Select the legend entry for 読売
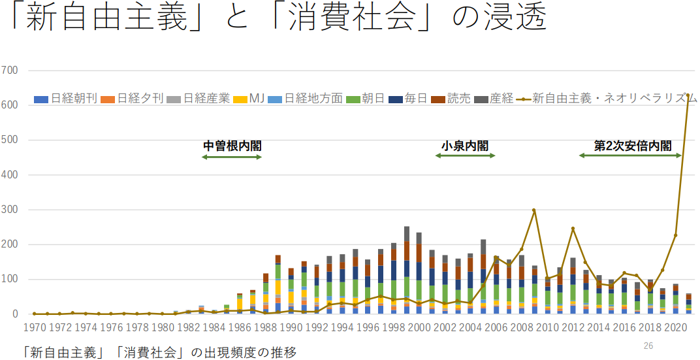pos(461,99)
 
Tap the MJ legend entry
pos(255,99)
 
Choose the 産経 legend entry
pos(500,99)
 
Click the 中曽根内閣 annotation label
pos(232,145)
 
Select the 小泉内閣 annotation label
pos(465,145)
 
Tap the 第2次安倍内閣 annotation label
pos(632,145)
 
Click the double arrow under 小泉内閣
pos(465,155)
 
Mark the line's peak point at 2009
pos(534,210)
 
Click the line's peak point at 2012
pos(573,229)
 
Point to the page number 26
pos(648,346)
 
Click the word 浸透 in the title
pos(515,20)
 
